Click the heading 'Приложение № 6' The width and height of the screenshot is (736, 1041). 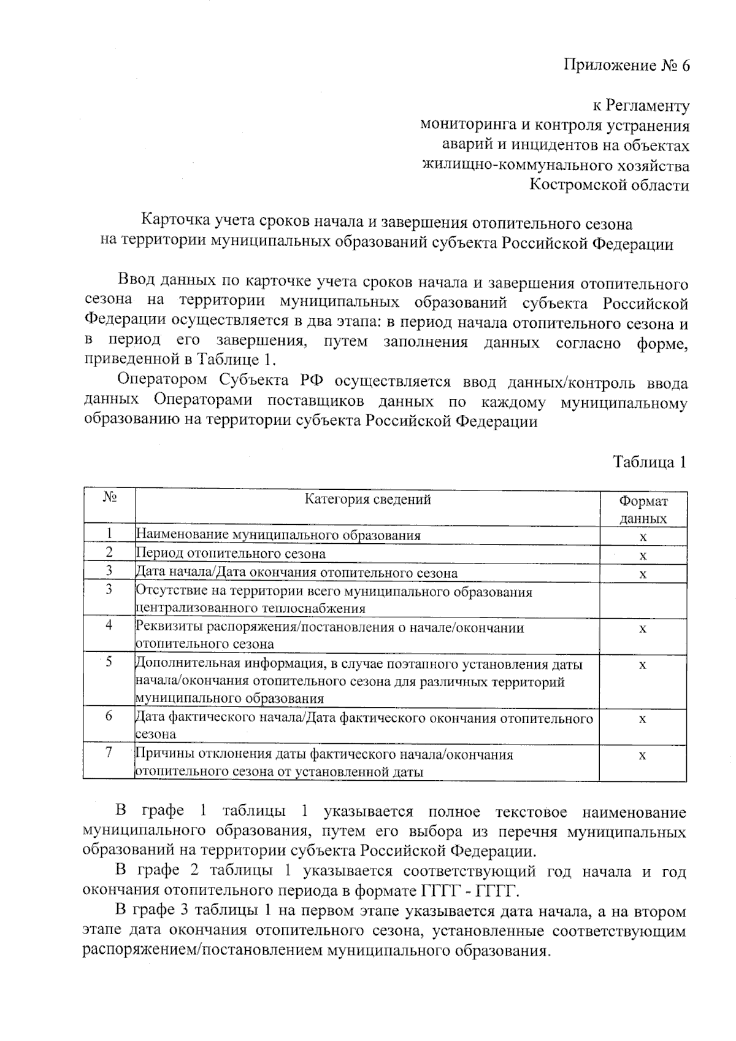[x=626, y=66]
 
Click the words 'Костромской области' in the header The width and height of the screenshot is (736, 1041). [x=609, y=185]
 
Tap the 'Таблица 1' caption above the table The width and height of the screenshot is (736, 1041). [x=649, y=462]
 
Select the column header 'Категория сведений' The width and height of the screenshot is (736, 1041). [x=367, y=500]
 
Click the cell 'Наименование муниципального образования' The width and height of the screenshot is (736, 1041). [x=278, y=535]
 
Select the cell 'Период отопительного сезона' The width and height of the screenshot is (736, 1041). [x=231, y=554]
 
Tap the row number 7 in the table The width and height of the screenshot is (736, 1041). [x=109, y=752]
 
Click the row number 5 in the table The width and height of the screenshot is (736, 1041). [x=109, y=662]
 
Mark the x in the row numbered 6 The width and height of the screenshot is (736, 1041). [x=642, y=719]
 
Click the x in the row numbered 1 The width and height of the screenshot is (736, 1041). [x=642, y=537]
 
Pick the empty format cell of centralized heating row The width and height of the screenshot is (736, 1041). [x=642, y=600]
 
